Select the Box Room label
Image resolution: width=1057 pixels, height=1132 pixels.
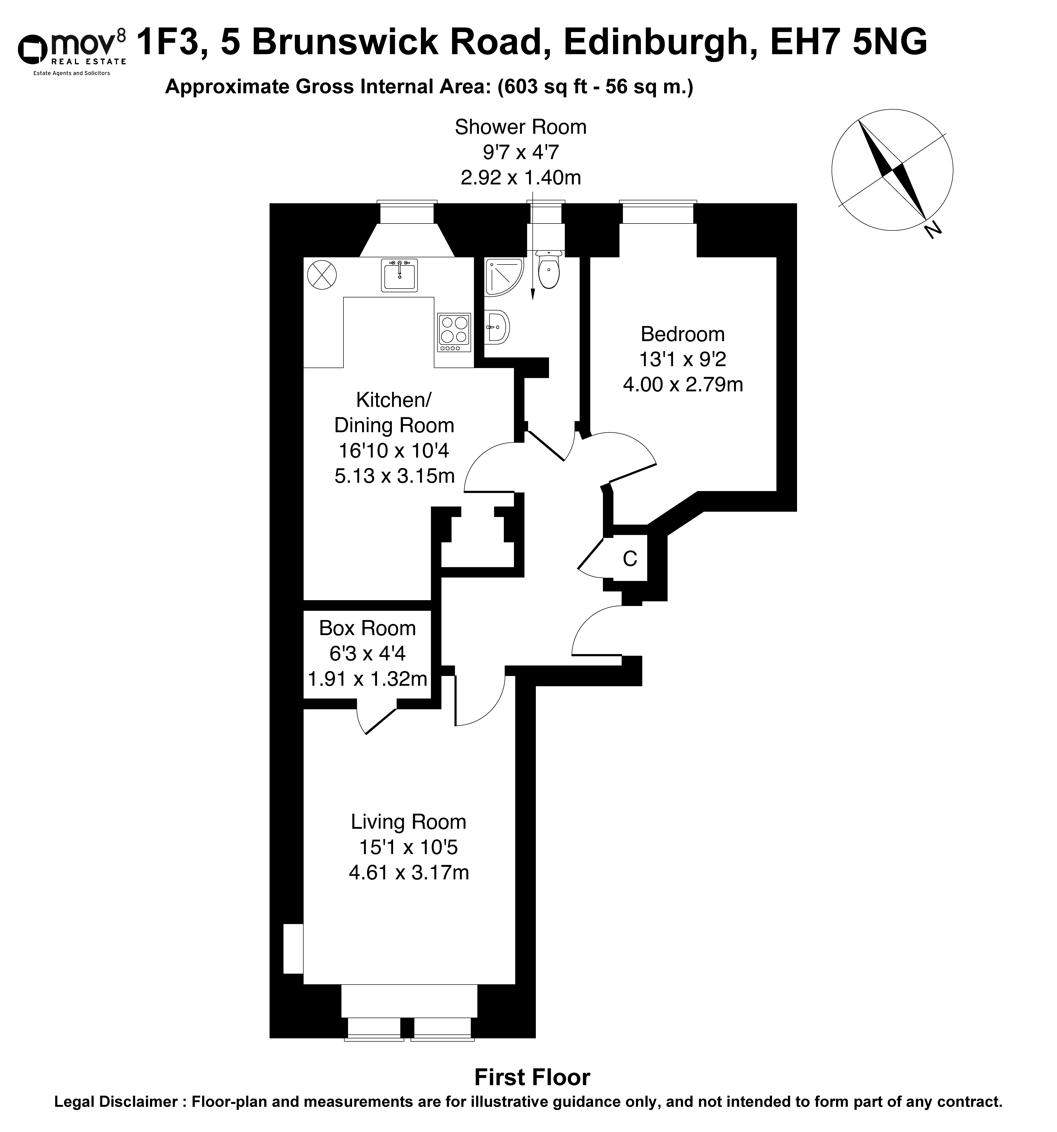tap(367, 628)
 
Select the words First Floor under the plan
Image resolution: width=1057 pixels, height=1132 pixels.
tap(533, 1077)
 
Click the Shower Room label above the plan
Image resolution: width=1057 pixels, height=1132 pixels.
tap(520, 127)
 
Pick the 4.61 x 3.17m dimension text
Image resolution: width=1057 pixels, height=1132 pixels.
tap(408, 872)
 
